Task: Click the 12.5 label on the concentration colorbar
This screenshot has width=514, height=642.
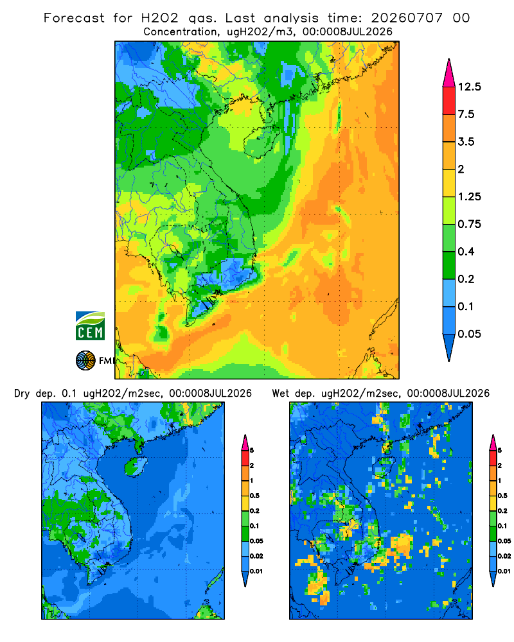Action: point(469,87)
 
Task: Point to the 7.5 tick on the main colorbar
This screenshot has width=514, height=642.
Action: point(466,114)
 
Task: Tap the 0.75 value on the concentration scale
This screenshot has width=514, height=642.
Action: point(469,224)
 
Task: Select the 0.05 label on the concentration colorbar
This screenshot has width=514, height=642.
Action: point(469,334)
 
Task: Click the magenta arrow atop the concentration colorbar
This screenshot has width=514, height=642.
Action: point(449,74)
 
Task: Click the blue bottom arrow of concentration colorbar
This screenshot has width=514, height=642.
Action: point(449,347)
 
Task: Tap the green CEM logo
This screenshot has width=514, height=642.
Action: point(90,326)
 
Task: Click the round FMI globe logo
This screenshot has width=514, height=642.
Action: point(85,361)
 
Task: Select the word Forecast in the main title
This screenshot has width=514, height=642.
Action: point(74,18)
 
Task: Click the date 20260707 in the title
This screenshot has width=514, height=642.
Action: point(407,18)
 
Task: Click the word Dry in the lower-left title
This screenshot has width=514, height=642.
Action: point(22,394)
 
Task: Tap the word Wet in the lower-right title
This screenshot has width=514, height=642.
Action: point(281,394)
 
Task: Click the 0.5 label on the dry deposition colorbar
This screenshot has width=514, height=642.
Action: point(254,496)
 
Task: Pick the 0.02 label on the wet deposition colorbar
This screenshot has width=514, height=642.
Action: point(504,556)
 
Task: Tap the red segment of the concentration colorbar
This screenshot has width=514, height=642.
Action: point(449,101)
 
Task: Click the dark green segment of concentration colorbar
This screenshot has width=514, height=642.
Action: point(449,265)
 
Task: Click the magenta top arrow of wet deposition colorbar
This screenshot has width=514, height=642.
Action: point(493,443)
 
